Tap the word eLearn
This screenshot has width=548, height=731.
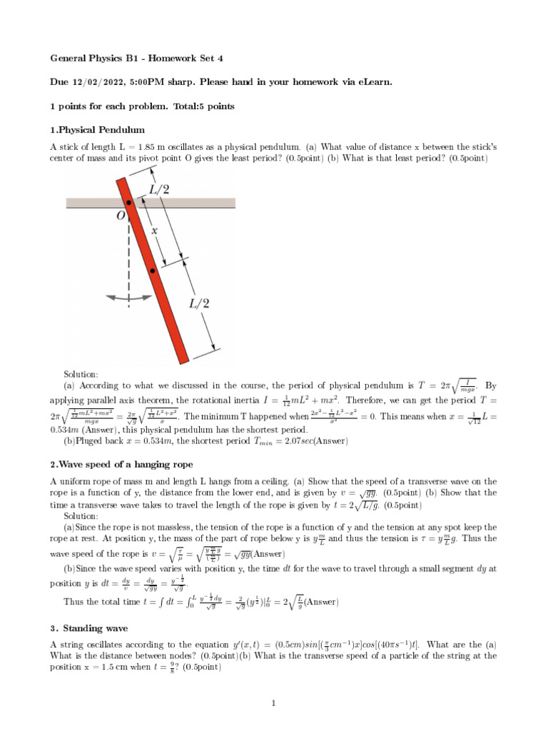372,82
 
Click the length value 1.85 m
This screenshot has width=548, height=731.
151,147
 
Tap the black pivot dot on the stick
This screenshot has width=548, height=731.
128,204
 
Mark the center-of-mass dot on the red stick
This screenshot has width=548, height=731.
153,272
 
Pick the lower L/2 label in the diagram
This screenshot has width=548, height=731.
199,303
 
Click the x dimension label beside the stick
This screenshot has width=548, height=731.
154,231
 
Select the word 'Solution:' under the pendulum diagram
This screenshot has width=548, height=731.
81,374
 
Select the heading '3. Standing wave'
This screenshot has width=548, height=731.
89,628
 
